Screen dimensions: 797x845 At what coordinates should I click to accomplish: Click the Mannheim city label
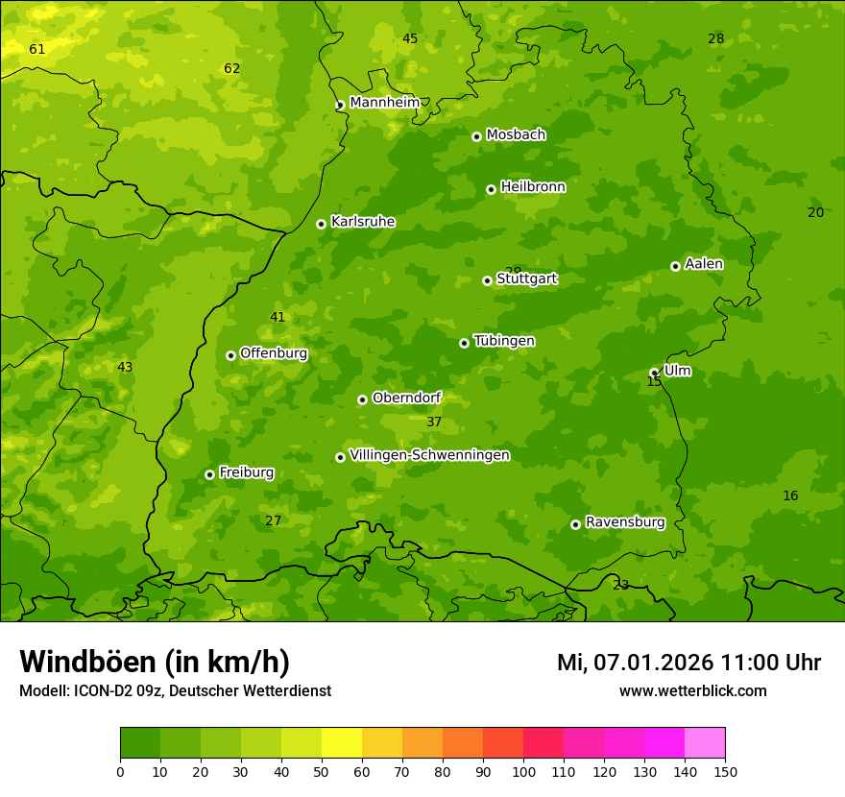click(x=385, y=103)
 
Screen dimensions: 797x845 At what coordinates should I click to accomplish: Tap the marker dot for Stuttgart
click(x=487, y=280)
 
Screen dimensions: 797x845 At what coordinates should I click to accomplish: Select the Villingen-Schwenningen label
click(x=429, y=455)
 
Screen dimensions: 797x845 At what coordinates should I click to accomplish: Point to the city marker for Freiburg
click(x=209, y=474)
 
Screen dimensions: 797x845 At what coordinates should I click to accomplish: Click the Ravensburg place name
click(x=625, y=522)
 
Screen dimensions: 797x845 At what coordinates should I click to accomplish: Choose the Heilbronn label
click(x=533, y=187)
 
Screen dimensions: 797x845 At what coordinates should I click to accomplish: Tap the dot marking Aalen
click(x=675, y=266)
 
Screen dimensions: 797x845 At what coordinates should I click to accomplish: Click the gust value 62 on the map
click(x=231, y=68)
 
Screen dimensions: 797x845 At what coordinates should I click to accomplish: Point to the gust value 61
click(x=36, y=49)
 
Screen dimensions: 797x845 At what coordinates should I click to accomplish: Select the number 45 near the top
click(x=410, y=38)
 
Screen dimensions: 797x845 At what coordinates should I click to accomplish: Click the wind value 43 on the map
click(x=125, y=367)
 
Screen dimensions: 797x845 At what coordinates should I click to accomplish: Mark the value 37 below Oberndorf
click(x=434, y=422)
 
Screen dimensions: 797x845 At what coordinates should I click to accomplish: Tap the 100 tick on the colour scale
click(x=523, y=771)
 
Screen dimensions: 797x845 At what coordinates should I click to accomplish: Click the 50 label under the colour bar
click(x=322, y=771)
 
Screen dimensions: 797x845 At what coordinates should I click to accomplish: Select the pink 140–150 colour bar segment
click(x=705, y=743)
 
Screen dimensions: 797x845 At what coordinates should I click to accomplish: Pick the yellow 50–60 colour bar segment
click(x=342, y=743)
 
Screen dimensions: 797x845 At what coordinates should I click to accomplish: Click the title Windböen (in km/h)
click(x=155, y=662)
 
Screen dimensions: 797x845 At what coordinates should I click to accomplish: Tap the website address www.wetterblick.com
click(x=692, y=690)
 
